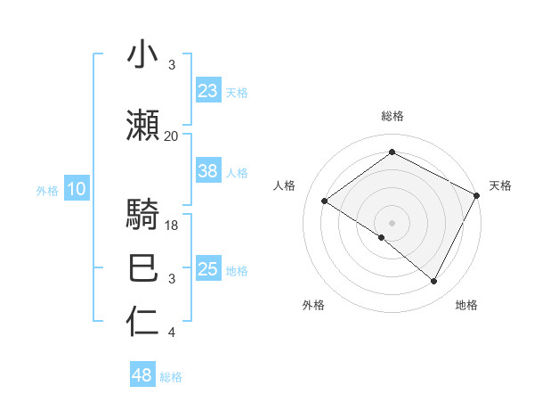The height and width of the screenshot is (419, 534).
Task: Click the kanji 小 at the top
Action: point(143,55)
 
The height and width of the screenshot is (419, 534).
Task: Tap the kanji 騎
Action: point(143,216)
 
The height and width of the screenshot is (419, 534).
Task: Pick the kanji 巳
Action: point(143,268)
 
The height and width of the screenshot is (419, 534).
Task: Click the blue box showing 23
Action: point(208,90)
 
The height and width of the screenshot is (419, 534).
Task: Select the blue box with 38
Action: point(208,171)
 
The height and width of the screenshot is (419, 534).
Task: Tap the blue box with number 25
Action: point(208,269)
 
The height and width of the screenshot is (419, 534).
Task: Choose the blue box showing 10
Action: point(77,189)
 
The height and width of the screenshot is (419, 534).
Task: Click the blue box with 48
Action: point(142,375)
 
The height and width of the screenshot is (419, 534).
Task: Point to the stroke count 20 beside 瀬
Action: point(171,136)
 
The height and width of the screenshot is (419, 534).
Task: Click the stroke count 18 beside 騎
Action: point(173,226)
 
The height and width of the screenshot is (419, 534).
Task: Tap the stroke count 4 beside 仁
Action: point(171,333)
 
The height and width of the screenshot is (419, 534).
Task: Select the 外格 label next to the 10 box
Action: point(47,190)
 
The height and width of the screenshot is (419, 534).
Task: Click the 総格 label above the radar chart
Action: point(392,116)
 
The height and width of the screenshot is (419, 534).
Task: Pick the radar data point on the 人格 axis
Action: point(325,201)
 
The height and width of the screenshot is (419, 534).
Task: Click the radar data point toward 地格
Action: point(434,281)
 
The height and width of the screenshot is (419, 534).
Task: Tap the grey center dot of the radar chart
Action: point(392,222)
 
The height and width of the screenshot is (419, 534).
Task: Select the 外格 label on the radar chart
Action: point(313,305)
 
